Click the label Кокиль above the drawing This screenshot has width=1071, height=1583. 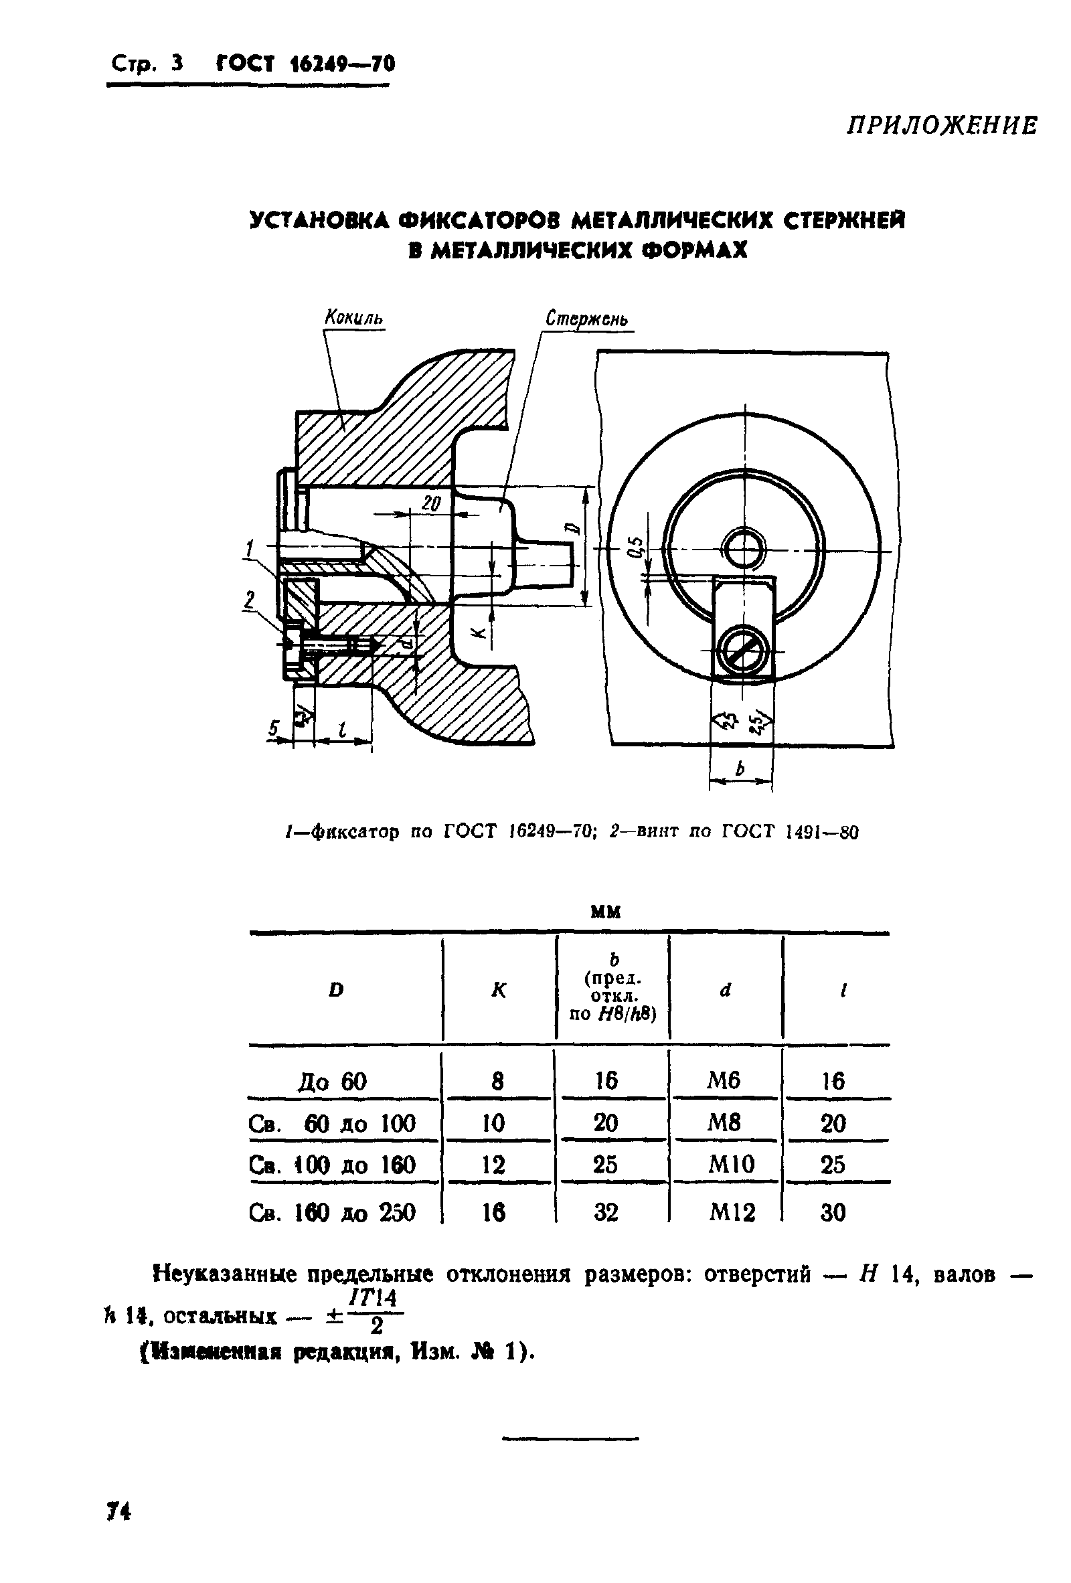354,317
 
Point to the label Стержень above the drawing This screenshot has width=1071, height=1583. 587,319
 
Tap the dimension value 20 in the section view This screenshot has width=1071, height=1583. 431,503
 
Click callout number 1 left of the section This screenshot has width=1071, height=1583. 250,548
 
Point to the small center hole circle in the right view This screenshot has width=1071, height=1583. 744,549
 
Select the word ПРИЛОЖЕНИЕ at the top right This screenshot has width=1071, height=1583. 942,126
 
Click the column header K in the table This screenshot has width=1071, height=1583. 499,991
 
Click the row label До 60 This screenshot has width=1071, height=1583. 332,1081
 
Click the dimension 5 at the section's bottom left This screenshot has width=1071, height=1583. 274,729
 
